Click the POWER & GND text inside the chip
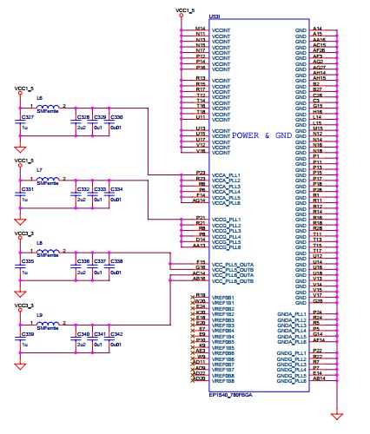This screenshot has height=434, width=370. point(269,135)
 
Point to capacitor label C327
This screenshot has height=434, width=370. point(27,116)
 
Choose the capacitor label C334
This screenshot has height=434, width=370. point(116,188)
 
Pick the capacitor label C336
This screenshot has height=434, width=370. point(83,260)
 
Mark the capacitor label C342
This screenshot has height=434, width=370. point(116,333)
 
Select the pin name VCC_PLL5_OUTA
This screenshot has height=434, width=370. point(234,263)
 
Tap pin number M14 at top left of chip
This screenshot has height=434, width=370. point(201,30)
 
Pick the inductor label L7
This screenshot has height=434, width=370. point(39,172)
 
